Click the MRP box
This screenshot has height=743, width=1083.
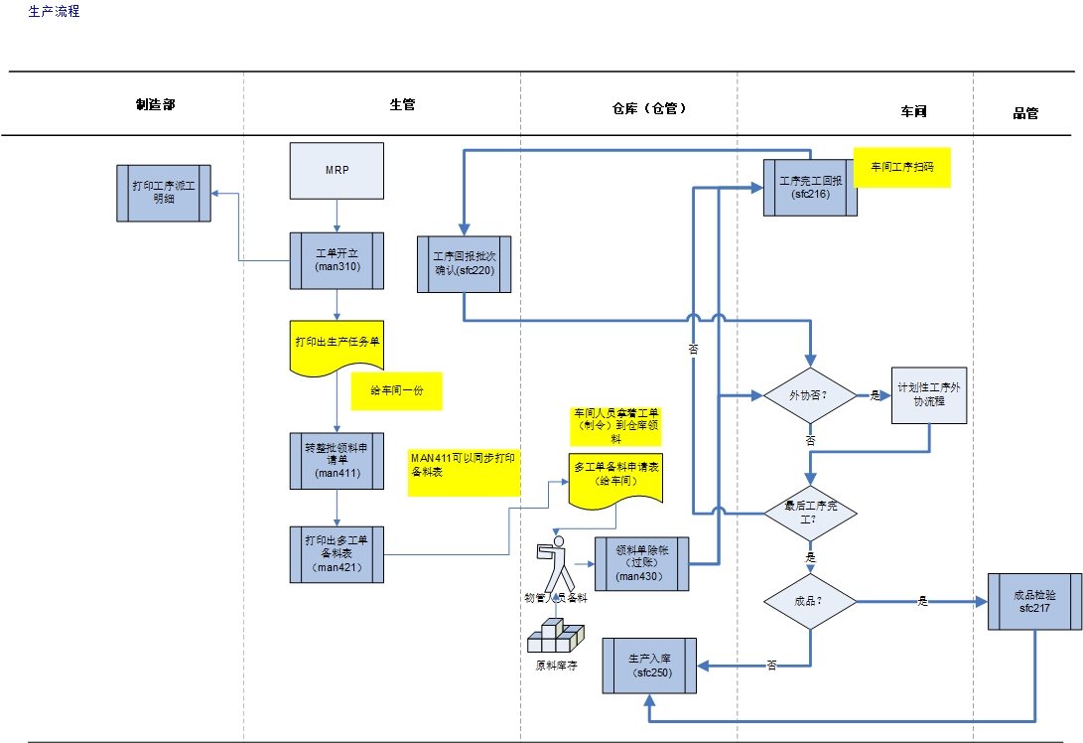337,170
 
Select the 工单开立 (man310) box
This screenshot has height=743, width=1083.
337,261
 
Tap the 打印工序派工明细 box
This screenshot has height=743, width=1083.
164,193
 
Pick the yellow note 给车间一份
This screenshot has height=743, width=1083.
396,391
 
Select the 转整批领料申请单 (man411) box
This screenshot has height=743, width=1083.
337,461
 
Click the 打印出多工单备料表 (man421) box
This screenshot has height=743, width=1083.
337,554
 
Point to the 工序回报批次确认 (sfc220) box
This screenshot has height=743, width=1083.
465,264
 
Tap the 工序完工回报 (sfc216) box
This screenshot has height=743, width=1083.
810,188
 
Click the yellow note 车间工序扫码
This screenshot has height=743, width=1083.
901,168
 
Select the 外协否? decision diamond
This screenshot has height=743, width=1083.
809,395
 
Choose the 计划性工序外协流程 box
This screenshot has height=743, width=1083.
928,395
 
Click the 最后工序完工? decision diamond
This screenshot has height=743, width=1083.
810,513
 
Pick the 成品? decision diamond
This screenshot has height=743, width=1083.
810,601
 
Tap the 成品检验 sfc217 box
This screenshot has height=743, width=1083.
1034,601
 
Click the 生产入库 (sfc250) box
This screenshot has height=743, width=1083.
650,666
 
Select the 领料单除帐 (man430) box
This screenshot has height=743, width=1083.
641,564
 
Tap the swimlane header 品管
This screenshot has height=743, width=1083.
1025,113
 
